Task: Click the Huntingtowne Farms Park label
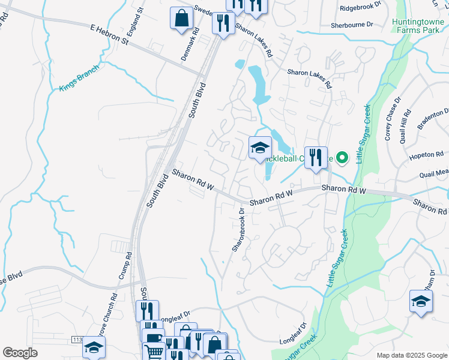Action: click(x=417, y=26)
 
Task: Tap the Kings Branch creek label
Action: click(x=77, y=80)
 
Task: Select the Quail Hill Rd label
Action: click(x=408, y=123)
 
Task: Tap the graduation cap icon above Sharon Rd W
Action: click(x=260, y=148)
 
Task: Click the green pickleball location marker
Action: click(x=342, y=158)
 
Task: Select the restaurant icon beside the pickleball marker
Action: click(x=316, y=158)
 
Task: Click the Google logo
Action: click(x=20, y=353)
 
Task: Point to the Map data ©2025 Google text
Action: click(x=411, y=355)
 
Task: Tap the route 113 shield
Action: click(x=77, y=340)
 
